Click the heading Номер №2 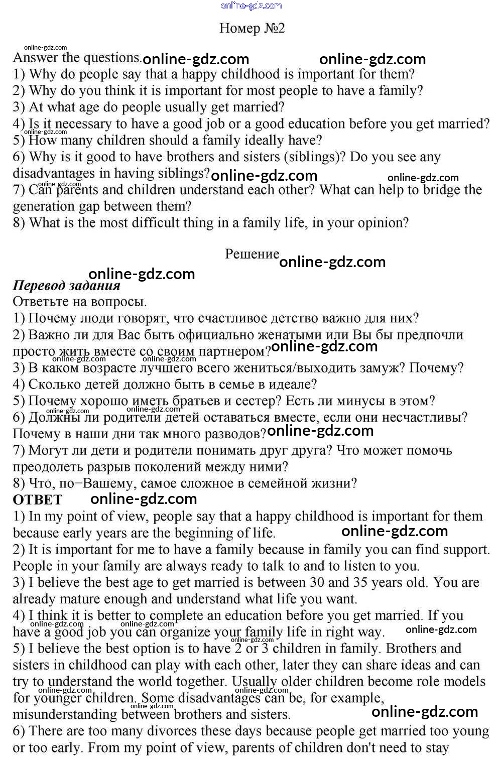252,28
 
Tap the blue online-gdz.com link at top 251,6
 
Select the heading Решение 252,254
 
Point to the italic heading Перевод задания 66,286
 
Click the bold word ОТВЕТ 38,500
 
